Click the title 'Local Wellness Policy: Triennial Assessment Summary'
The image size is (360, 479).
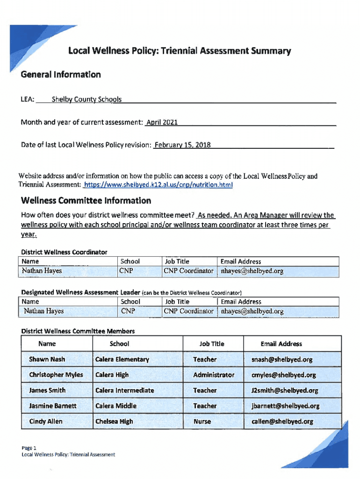click(x=180, y=51)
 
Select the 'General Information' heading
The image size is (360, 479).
click(x=61, y=74)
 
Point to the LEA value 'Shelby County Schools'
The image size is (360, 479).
click(x=86, y=99)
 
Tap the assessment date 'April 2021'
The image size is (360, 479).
click(x=162, y=123)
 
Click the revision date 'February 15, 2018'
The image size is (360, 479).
click(x=182, y=145)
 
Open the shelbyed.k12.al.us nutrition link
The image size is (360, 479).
click(x=158, y=185)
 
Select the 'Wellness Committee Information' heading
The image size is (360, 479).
click(x=86, y=201)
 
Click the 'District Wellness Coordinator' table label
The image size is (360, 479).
click(x=64, y=252)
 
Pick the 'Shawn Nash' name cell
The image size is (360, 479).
click(x=47, y=359)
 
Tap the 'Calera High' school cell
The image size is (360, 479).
click(x=112, y=375)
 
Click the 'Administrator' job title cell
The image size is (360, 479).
click(x=214, y=375)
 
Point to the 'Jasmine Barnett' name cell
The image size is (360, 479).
click(x=52, y=406)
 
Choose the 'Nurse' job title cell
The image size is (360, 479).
click(x=202, y=421)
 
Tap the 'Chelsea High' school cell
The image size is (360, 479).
click(x=114, y=421)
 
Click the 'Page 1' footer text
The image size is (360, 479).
click(x=29, y=448)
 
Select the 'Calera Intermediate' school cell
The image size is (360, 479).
click(x=124, y=390)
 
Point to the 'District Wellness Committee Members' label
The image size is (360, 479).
click(x=78, y=331)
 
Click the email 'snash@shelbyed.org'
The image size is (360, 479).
click(x=281, y=359)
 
